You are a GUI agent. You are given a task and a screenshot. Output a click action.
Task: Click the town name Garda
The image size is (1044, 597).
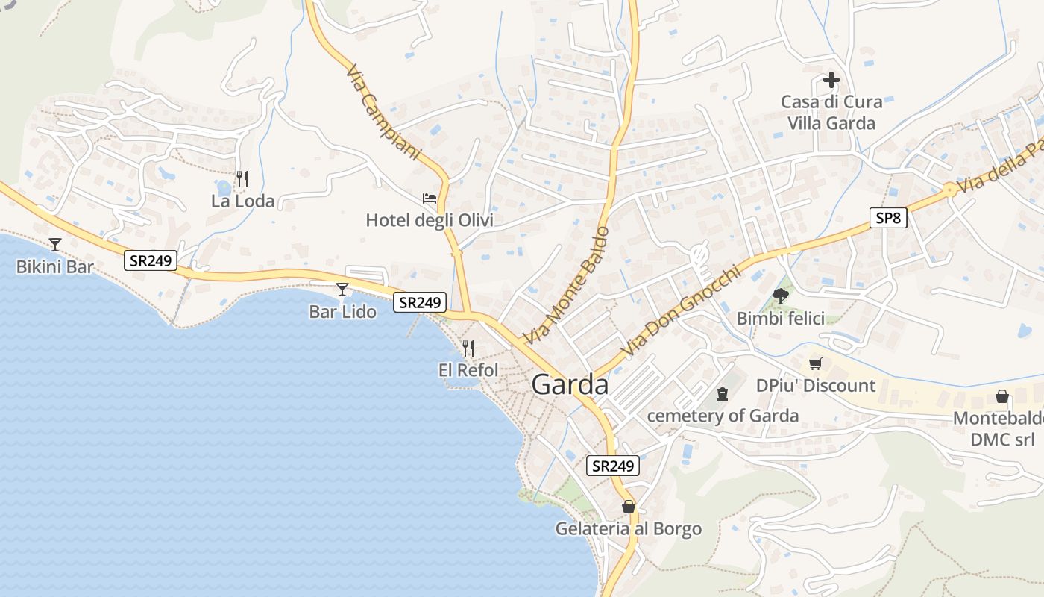[x=570, y=384]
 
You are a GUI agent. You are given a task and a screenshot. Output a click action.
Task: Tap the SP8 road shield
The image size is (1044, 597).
[x=888, y=218]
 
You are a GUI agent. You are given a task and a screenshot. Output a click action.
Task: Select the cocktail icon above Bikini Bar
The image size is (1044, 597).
[x=54, y=244]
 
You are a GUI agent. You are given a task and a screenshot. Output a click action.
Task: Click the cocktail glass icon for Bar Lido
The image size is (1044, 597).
[x=342, y=290]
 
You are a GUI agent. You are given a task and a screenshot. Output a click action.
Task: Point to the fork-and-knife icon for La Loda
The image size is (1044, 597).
[x=242, y=179]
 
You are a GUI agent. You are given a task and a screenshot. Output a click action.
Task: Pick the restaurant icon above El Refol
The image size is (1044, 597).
[x=468, y=348]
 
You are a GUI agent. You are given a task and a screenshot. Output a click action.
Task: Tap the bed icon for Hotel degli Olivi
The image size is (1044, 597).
[x=430, y=199]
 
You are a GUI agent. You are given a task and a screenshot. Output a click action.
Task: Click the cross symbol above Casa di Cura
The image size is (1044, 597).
[x=831, y=80]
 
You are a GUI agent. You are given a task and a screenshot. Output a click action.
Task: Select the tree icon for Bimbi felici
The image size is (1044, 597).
[x=780, y=297]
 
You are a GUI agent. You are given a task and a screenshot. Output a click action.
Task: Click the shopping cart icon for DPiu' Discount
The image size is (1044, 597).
[x=815, y=364]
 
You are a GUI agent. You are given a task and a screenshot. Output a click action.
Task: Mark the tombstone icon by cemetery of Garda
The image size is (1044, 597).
[x=722, y=393]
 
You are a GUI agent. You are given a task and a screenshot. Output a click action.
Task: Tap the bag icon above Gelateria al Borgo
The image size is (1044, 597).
[x=629, y=507]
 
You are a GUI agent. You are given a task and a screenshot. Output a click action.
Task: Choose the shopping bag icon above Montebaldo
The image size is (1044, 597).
[x=1002, y=396]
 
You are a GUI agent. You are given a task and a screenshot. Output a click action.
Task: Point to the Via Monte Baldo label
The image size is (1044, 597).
[x=566, y=286]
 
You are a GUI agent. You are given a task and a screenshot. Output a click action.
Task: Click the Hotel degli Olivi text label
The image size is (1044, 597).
[x=429, y=220]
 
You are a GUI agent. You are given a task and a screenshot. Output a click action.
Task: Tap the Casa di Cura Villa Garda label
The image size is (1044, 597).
[x=831, y=112]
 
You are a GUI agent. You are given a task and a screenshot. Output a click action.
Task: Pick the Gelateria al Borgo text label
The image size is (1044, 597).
[x=629, y=529]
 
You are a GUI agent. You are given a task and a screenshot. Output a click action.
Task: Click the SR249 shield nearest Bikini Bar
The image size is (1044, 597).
[x=150, y=260]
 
